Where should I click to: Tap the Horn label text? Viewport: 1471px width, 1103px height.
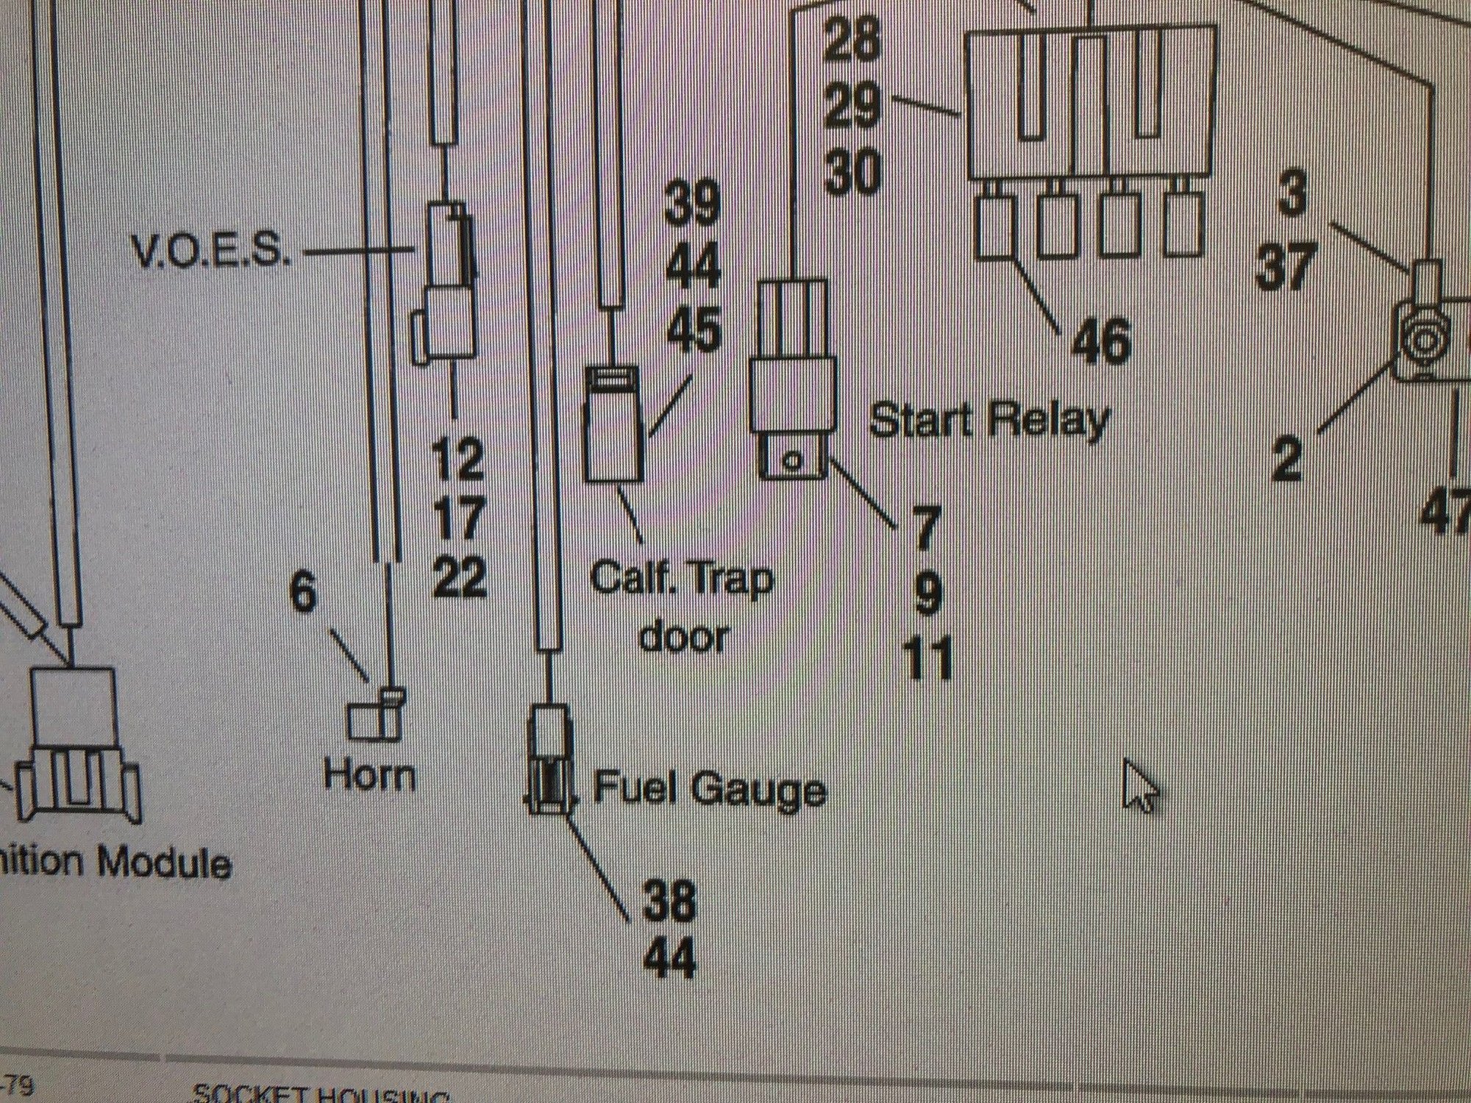[x=369, y=776]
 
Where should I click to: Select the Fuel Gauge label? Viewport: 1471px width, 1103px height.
[x=709, y=788]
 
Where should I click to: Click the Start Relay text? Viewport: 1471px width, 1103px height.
[x=989, y=421]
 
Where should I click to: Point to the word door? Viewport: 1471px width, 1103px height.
[x=684, y=636]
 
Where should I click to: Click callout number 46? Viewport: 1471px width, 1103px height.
[x=1100, y=341]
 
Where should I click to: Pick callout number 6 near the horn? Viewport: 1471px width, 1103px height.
[x=304, y=592]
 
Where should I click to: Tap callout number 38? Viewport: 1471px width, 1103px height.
[x=669, y=902]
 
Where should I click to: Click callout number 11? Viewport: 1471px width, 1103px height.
[x=929, y=658]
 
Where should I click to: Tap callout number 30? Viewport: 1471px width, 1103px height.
[x=852, y=174]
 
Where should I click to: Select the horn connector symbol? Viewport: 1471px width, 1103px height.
[x=374, y=715]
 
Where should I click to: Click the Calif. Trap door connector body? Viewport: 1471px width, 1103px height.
[x=613, y=434]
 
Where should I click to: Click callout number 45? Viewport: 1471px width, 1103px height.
[x=694, y=329]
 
